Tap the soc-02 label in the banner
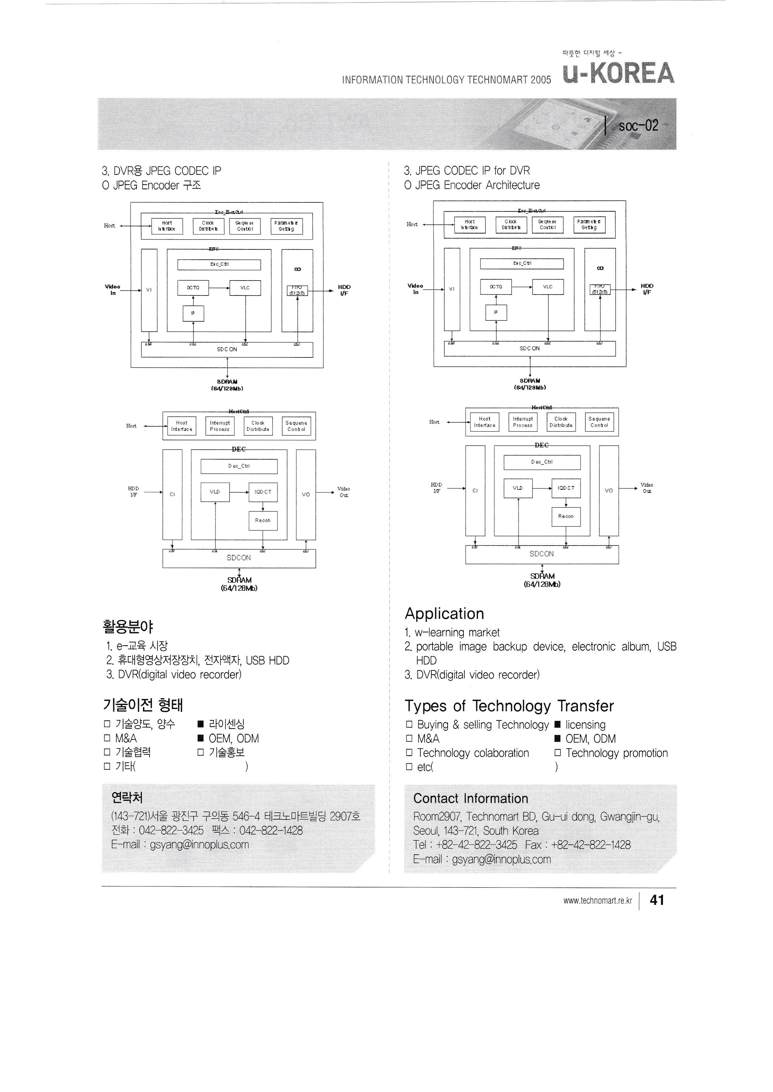click(638, 125)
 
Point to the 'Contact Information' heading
click(470, 799)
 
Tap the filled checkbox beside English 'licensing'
click(557, 725)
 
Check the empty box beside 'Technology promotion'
click(557, 753)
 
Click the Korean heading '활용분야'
click(127, 627)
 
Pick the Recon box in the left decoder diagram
click(263, 520)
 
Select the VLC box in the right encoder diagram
click(548, 287)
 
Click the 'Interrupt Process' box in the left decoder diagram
click(219, 426)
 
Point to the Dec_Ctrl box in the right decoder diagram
click(542, 462)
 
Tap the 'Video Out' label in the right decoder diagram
click(647, 488)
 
